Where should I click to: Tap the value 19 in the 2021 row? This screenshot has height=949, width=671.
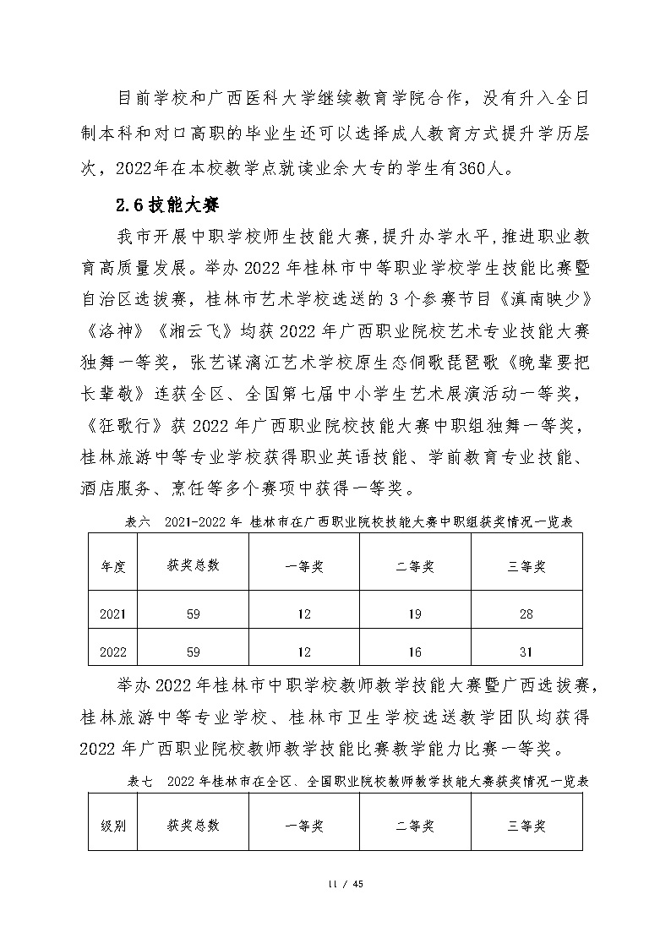[414, 614]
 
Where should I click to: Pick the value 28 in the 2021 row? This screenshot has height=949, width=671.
[526, 614]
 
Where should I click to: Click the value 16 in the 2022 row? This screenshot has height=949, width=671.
[414, 652]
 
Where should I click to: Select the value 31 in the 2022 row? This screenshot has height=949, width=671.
[526, 652]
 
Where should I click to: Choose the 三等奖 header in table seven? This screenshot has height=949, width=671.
[526, 826]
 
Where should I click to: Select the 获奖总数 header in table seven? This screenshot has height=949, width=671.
[193, 826]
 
